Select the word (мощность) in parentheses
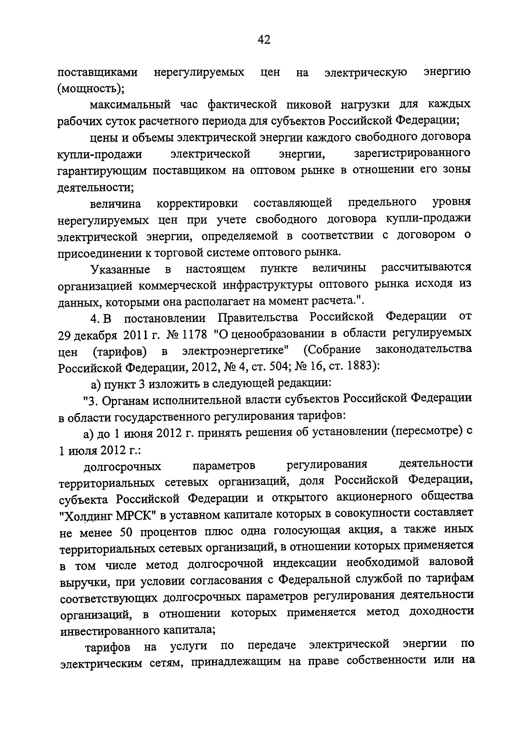click(90, 89)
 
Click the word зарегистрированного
click(412, 153)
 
